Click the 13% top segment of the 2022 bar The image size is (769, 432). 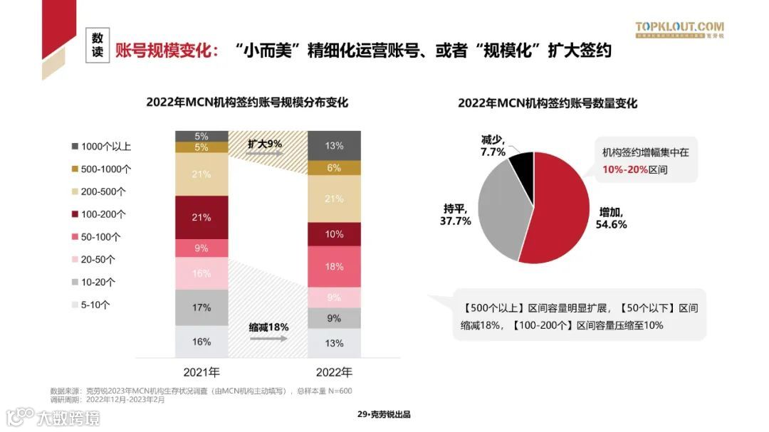[x=334, y=146]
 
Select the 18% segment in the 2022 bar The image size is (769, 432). [x=334, y=266]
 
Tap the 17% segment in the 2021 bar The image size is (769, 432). [x=202, y=307]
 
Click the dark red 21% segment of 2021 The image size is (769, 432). [x=202, y=217]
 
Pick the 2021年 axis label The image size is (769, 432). [x=202, y=372]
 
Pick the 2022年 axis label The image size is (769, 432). [x=334, y=372]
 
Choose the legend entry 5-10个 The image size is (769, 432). [x=95, y=305]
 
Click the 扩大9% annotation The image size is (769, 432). [x=264, y=143]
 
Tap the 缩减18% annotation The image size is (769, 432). [x=268, y=327]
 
